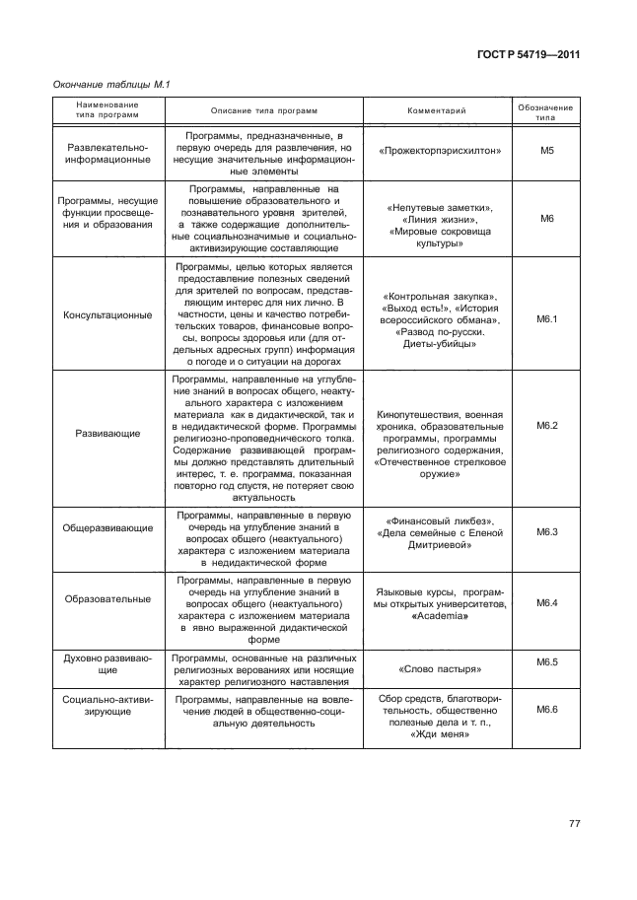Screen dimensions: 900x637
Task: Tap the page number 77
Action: coord(576,824)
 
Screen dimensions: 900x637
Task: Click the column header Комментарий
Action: coord(436,110)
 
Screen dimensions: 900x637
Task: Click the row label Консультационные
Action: coord(107,315)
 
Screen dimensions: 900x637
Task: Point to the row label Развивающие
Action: coord(107,432)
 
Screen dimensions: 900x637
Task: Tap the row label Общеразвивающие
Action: coord(107,527)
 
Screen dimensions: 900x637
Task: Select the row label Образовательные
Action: coord(107,598)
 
